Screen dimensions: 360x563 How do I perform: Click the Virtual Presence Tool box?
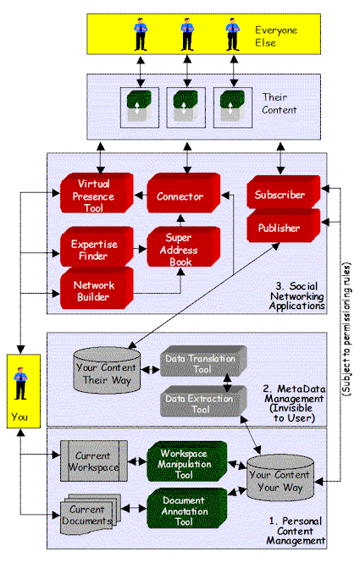tap(97, 193)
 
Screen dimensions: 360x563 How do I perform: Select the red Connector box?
tap(183, 193)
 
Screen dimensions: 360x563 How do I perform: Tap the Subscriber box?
tap(283, 192)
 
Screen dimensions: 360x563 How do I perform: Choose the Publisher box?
tap(283, 225)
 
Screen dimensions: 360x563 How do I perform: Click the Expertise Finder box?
tap(97, 247)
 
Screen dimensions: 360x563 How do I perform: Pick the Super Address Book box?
tap(183, 247)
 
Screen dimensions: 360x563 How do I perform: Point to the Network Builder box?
tap(97, 289)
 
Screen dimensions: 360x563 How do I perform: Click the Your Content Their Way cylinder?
tap(107, 371)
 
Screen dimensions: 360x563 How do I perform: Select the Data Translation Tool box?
tap(203, 362)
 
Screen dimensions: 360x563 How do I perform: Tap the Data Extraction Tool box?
tap(203, 401)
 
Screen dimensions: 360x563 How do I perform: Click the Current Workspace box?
tap(94, 461)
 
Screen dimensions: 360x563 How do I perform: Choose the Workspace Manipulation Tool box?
tap(187, 461)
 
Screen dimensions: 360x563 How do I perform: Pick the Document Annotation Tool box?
tap(187, 508)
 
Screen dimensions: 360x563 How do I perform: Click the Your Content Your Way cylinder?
tap(280, 478)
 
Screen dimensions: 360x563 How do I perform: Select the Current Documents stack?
tap(91, 515)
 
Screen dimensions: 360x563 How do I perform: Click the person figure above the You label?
tap(20, 384)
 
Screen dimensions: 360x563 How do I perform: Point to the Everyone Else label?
tap(276, 36)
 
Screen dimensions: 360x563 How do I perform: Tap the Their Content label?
tap(280, 103)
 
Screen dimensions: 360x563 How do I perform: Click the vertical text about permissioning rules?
tap(346, 329)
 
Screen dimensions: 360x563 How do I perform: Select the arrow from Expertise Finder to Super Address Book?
tap(140, 248)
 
